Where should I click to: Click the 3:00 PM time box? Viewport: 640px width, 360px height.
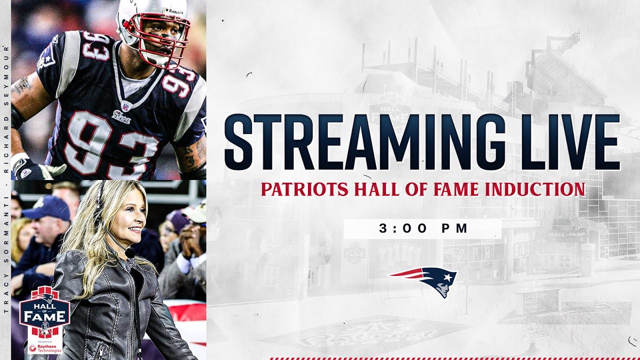[422, 228]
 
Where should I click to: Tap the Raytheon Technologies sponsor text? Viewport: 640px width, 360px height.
[45, 348]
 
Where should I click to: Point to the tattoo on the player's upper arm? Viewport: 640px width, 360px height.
[22, 85]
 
